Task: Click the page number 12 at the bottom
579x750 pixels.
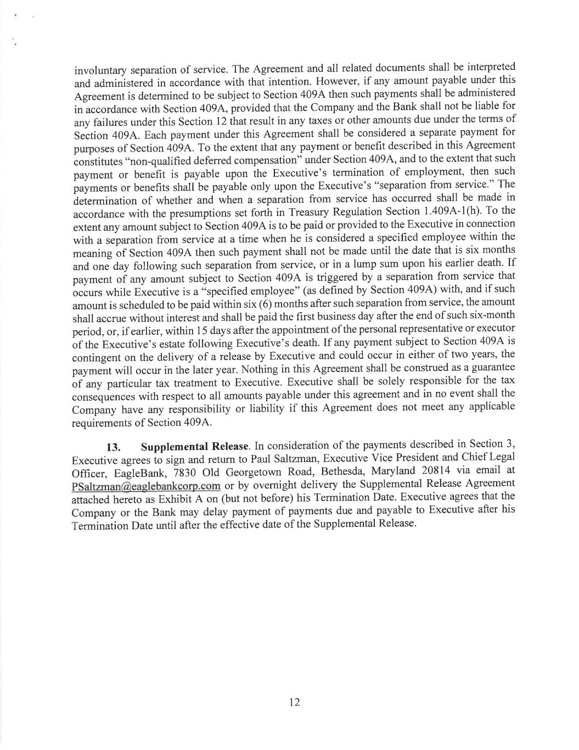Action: coord(294,702)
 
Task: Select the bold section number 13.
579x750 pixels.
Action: coord(113,447)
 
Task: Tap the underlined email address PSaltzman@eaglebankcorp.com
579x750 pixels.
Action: coord(146,486)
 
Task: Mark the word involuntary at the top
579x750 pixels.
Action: coord(100,71)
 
